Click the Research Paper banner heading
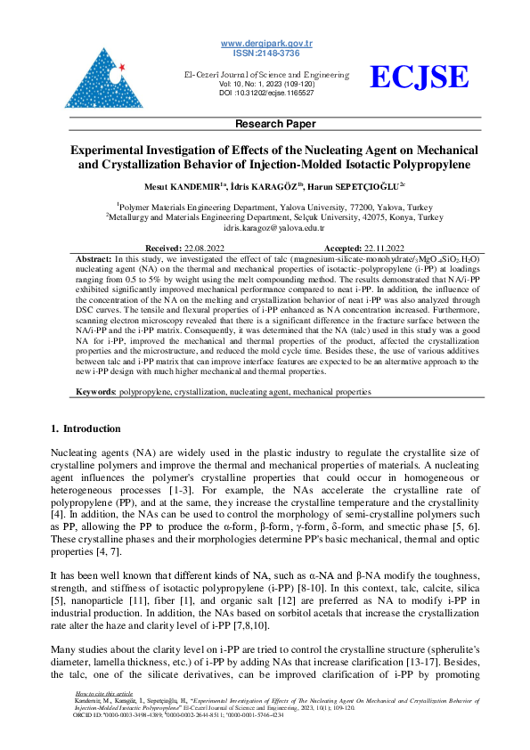[265, 124]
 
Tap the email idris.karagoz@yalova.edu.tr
[265, 228]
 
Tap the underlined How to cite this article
[104, 717]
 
